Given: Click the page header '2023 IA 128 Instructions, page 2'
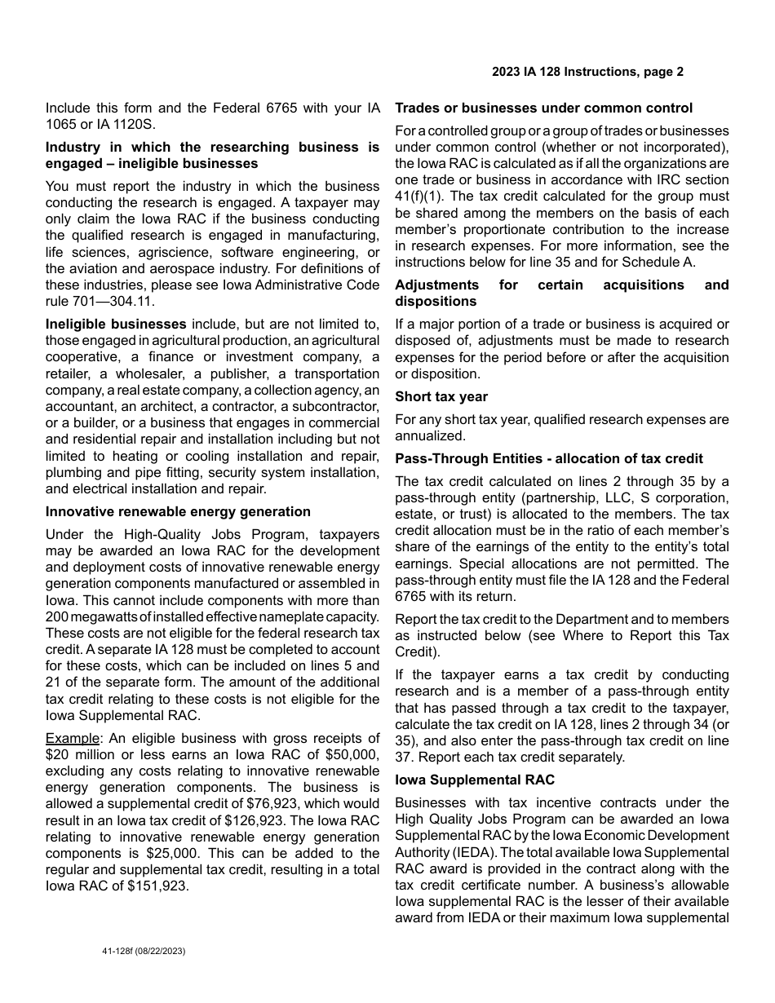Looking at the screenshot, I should tap(587, 72).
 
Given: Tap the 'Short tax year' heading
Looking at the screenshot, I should tap(441, 396).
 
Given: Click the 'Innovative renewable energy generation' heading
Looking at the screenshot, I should tap(178, 511).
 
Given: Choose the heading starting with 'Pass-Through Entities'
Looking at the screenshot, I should tap(549, 458).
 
